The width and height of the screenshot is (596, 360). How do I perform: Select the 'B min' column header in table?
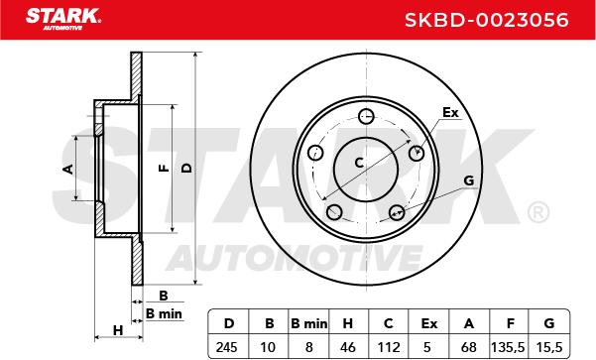[308, 322]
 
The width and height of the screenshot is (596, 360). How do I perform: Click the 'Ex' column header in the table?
[428, 322]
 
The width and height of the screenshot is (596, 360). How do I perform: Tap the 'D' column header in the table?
[228, 322]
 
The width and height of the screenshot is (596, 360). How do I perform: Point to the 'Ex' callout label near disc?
[450, 113]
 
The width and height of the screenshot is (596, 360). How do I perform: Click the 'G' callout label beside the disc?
[468, 180]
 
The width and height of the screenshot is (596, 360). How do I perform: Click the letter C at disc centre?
[359, 162]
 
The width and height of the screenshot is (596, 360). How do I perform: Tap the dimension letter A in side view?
[68, 169]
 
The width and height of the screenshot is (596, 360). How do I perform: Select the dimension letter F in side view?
[164, 169]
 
